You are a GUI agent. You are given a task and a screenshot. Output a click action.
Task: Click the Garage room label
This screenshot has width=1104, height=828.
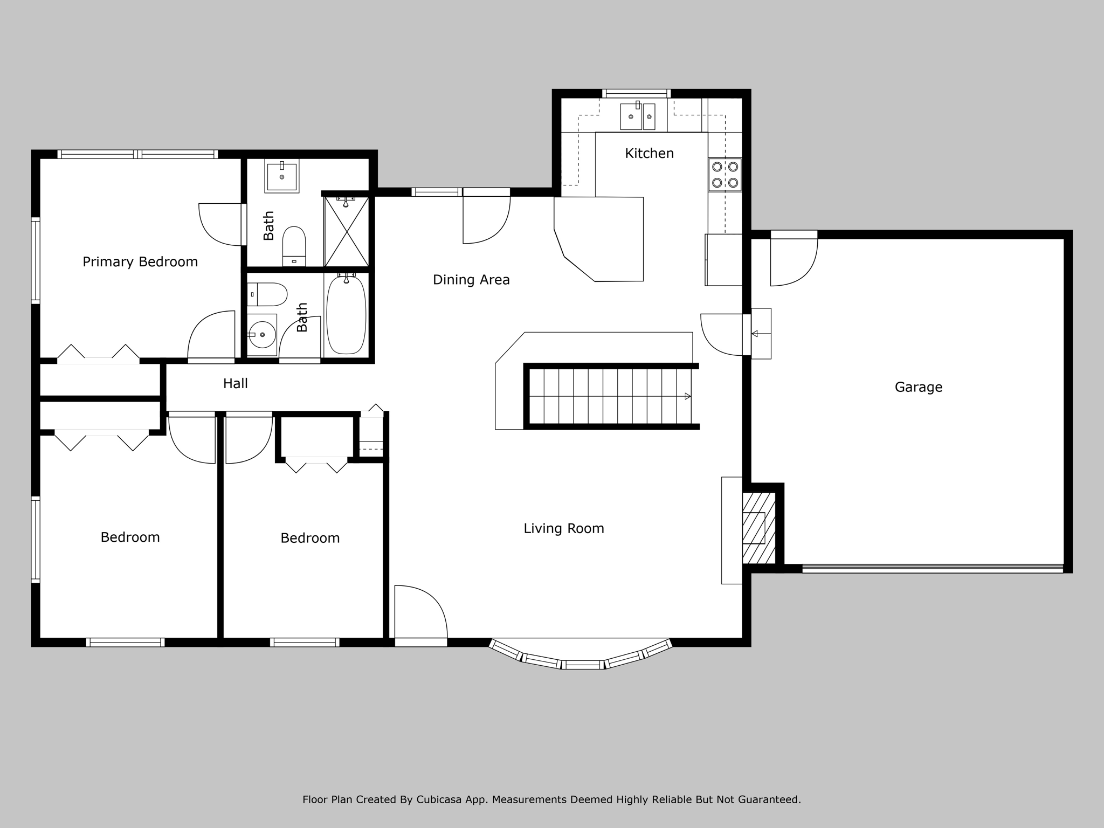click(919, 387)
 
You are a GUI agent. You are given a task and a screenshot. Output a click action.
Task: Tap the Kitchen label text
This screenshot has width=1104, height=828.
click(649, 153)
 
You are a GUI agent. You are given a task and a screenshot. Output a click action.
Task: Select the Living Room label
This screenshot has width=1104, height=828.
click(564, 528)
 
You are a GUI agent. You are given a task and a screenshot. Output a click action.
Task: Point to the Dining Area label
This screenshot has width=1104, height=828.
click(471, 280)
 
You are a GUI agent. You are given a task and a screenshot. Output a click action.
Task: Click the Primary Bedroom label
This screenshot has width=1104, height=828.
click(140, 262)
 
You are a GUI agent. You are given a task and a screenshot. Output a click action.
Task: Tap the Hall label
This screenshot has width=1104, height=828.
click(236, 383)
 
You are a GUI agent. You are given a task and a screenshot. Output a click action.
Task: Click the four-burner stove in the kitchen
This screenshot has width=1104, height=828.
click(725, 175)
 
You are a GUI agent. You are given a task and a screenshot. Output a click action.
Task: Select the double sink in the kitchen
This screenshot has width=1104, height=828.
click(638, 116)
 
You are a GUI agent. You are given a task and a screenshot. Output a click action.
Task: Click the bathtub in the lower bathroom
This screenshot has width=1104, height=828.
click(346, 315)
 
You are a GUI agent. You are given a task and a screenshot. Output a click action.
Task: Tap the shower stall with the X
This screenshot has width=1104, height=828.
click(346, 232)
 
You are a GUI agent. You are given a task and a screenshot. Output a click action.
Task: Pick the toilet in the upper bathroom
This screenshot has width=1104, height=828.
click(294, 246)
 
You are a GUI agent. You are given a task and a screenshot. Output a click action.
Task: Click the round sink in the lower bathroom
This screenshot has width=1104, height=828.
click(263, 335)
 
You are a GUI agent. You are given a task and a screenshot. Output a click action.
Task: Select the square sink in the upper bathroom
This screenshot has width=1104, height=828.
click(281, 176)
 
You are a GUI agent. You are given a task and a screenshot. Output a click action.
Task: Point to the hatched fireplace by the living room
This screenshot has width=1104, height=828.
click(759, 528)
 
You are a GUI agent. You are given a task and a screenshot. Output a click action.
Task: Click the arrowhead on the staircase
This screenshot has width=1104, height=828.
click(687, 396)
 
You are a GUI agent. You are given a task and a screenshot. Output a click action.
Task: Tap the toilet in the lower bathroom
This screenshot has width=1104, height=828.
click(267, 294)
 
